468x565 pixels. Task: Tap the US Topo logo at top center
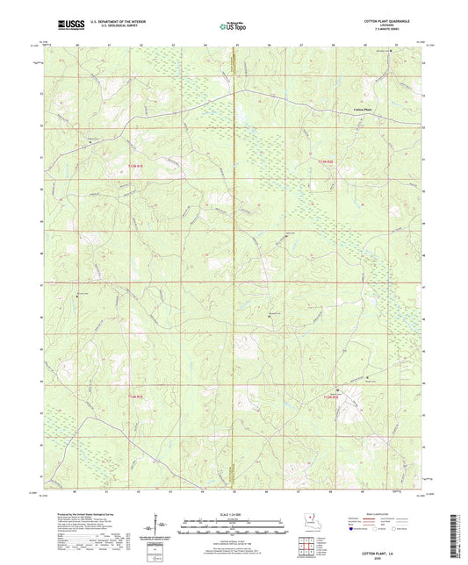[x=234, y=27]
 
